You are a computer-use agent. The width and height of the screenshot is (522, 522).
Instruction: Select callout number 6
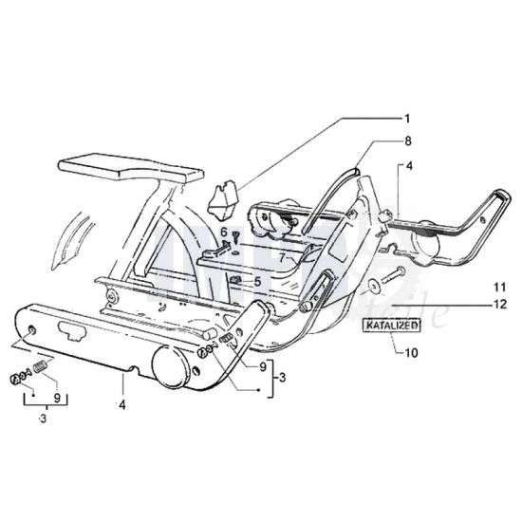tap(224, 232)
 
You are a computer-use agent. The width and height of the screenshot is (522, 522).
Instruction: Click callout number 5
tap(256, 282)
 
